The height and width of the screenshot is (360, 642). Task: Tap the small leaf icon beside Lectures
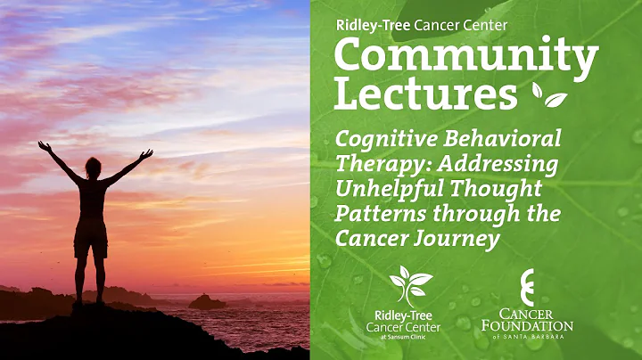(550, 95)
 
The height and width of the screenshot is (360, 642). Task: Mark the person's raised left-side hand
(42, 144)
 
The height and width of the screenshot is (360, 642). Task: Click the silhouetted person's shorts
(91, 238)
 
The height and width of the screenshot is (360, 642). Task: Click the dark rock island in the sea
(207, 303)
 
